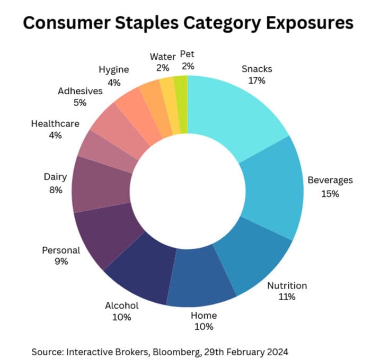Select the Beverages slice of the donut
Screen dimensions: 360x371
pyautogui.click(x=273, y=185)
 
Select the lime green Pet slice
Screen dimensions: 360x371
pyautogui.click(x=181, y=103)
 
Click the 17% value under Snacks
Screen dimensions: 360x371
pyautogui.click(x=257, y=81)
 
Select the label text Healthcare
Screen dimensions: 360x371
pyautogui.click(x=55, y=124)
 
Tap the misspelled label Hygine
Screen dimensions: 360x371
pyautogui.click(x=113, y=69)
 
